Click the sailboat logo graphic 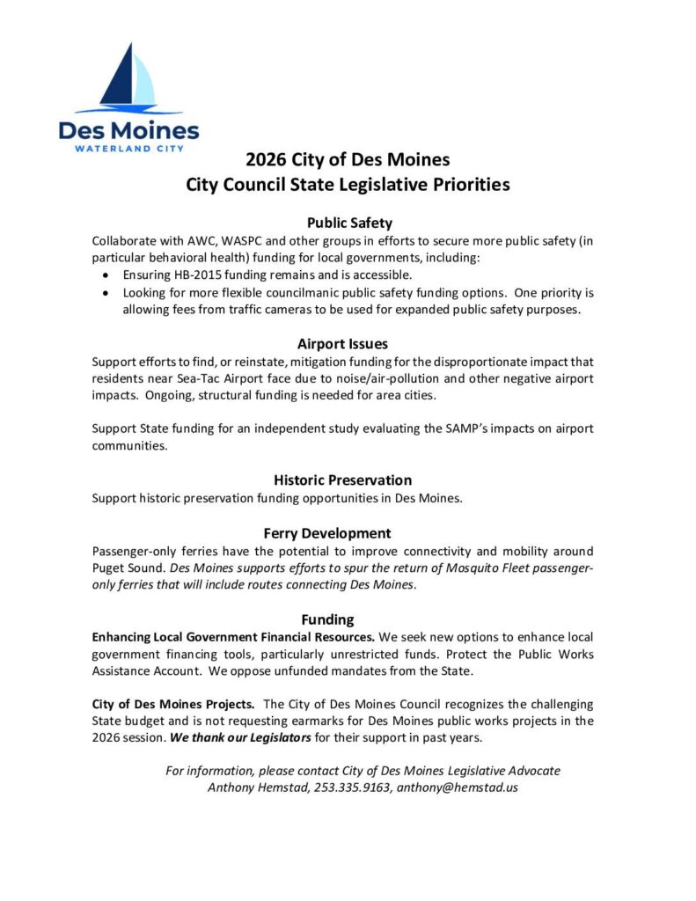[x=129, y=79]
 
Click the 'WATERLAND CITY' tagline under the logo [x=129, y=149]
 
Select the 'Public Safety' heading [x=348, y=223]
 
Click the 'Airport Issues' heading [x=342, y=344]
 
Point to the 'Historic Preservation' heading [x=342, y=480]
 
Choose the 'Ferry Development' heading [x=327, y=533]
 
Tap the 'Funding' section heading [x=327, y=619]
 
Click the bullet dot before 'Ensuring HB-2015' [x=106, y=275]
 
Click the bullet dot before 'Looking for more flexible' [x=106, y=293]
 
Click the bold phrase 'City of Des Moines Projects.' [x=174, y=704]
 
